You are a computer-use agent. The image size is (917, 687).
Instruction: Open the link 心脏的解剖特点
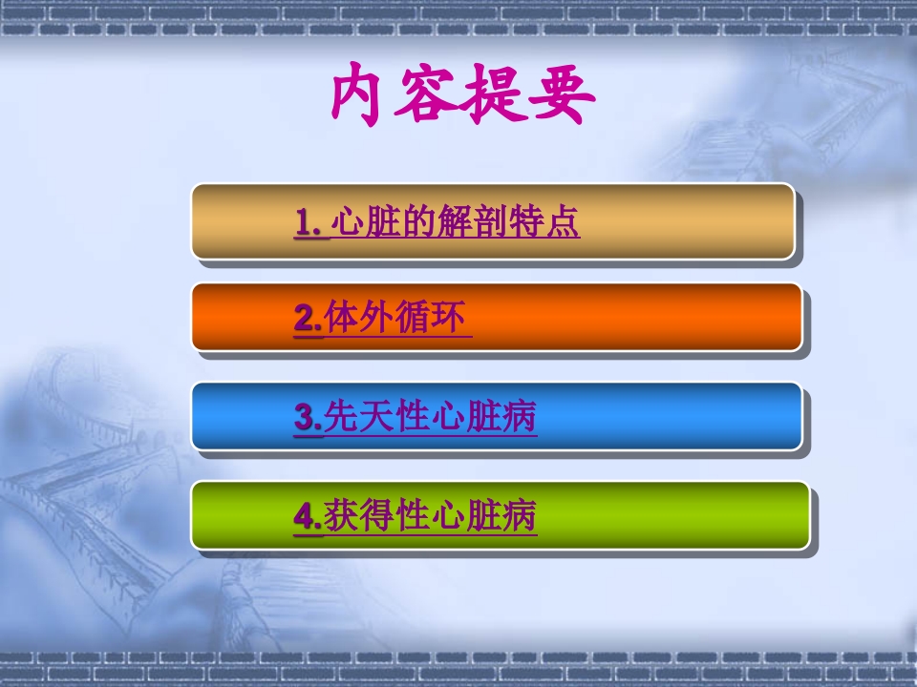tap(456, 223)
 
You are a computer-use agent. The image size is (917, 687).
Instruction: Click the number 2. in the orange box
tap(308, 319)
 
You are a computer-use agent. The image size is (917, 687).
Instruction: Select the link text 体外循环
tap(396, 319)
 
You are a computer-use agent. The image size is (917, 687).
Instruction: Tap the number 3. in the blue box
tap(308, 418)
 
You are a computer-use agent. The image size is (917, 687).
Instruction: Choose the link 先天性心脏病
tap(431, 418)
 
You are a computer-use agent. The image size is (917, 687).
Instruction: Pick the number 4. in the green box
tap(308, 517)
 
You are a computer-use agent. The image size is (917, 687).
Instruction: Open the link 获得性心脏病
tap(431, 517)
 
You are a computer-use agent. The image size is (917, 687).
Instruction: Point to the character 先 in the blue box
tap(341, 418)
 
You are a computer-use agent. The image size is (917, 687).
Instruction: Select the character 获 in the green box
tap(341, 517)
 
